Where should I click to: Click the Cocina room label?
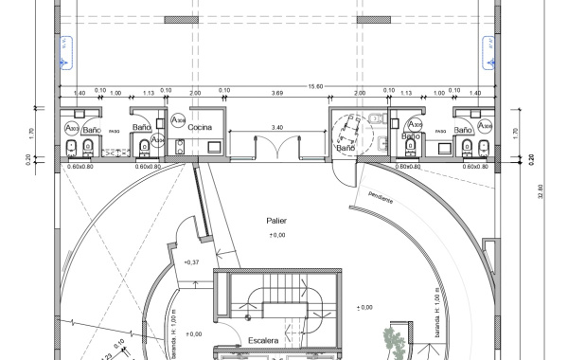[x=199, y=127]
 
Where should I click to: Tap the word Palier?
[x=276, y=220]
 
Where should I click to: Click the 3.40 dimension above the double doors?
[x=275, y=127]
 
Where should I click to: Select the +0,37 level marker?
[x=191, y=261]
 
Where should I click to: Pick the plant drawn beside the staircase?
[x=390, y=339]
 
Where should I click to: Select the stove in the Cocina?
[x=211, y=145]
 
